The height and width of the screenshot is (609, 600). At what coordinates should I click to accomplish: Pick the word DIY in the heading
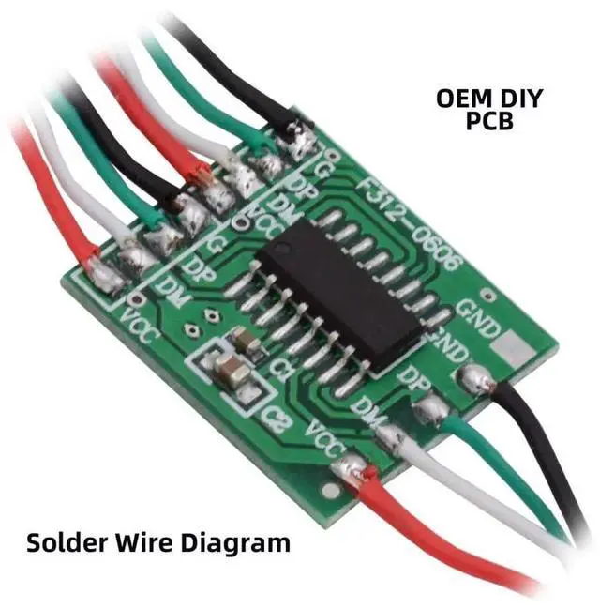click(521, 98)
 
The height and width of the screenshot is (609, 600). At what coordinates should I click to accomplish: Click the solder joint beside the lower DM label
click(389, 434)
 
